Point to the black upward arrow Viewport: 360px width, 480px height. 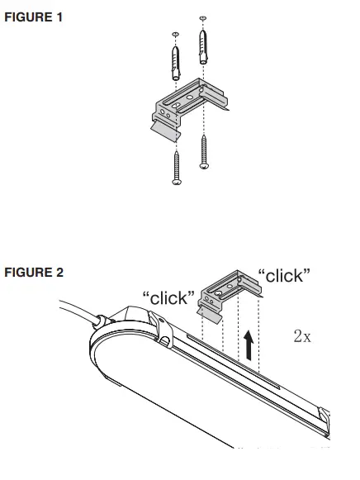tap(249, 342)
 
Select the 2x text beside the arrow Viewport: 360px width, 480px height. tap(302, 336)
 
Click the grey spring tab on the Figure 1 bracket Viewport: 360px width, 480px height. tap(166, 125)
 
